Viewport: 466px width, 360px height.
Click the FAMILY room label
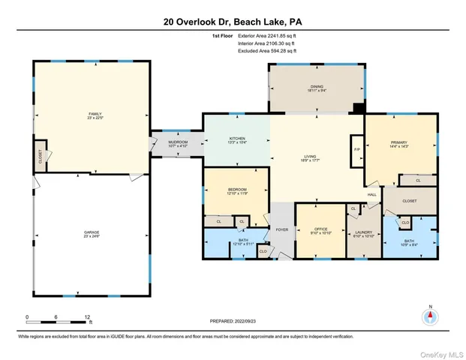click(95, 115)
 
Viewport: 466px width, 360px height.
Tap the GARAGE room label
click(92, 232)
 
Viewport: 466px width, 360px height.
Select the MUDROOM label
click(177, 141)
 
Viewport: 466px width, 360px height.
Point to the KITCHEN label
click(237, 139)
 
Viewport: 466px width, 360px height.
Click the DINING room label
click(317, 87)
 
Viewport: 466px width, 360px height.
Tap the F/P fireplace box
click(356, 150)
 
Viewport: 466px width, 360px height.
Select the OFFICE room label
click(320, 229)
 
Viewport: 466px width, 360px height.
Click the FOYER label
click(282, 229)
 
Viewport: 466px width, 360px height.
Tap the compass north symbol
click(430, 316)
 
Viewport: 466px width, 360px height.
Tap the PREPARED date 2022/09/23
click(233, 321)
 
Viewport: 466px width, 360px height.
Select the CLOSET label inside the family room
click(41, 157)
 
